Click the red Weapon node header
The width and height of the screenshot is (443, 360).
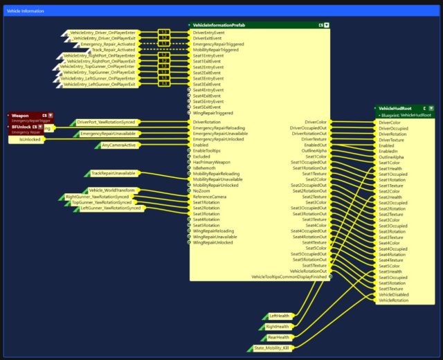[21, 115]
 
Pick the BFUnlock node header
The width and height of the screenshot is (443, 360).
[21, 127]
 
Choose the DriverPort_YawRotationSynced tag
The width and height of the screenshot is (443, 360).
[106, 122]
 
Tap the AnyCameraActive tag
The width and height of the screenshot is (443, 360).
[118, 145]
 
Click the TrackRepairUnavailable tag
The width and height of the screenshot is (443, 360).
[113, 173]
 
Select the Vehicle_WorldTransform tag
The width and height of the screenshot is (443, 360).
[112, 190]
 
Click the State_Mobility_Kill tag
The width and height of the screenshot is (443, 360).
[271, 348]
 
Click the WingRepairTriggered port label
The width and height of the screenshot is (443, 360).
[213, 113]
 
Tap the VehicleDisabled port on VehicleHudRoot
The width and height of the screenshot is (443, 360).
[395, 294]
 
